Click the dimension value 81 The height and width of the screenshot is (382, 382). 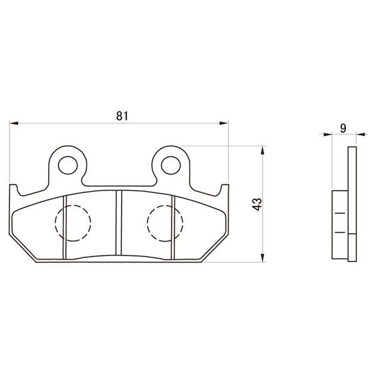(122, 116)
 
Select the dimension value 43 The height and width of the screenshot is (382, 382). (257, 204)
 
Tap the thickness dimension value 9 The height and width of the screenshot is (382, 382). (343, 128)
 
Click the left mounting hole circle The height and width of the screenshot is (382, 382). (68, 165)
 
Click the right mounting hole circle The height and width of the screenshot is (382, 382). (171, 165)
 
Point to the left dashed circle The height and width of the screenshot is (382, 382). (56, 223)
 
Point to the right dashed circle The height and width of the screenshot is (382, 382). (147, 223)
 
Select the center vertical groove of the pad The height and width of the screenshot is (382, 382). (119, 223)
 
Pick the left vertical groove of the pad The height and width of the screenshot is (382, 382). (64, 227)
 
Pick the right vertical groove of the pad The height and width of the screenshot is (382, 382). (173, 227)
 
